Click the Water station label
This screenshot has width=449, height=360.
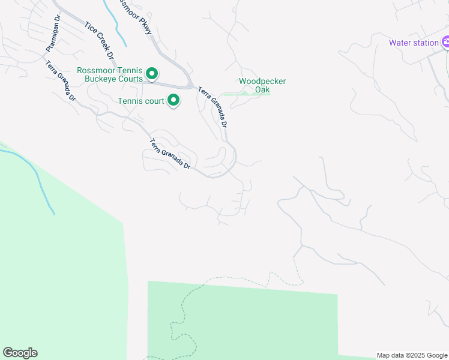414,43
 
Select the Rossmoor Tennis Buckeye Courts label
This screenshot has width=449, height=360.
110,74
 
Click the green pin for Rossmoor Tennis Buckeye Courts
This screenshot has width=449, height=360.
152,74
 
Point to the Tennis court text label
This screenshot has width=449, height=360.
140,101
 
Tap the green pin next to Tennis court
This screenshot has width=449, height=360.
173,100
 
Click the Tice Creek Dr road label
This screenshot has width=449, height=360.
100,43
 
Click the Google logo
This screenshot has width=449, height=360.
20,353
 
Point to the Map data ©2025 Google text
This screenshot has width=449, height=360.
411,355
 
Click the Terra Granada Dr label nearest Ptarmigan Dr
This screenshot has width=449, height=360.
61,81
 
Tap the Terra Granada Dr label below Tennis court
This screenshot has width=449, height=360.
170,154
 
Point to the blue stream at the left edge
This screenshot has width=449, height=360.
36,174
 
